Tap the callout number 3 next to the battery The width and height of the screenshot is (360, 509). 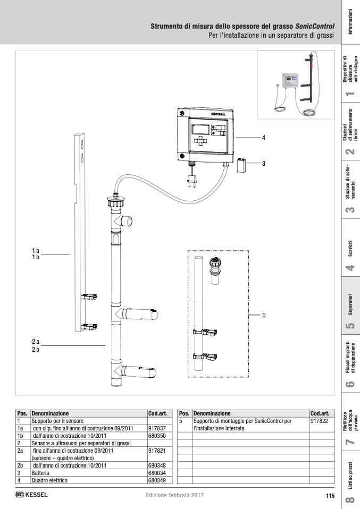coord(263,163)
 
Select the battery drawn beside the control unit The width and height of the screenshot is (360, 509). coord(242,164)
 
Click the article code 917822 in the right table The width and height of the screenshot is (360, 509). coord(319,420)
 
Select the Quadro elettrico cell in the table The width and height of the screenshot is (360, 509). coord(50,480)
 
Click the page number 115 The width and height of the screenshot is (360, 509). coord(330,496)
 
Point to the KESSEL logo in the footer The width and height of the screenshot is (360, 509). coord(32,495)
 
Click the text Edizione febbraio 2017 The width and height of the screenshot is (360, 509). coord(174,496)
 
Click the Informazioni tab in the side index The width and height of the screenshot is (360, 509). coord(350,22)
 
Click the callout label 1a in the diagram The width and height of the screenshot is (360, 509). coord(36,250)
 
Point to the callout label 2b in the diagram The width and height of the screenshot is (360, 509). coord(36,350)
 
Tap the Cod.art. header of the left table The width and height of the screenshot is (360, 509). coord(157,413)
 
